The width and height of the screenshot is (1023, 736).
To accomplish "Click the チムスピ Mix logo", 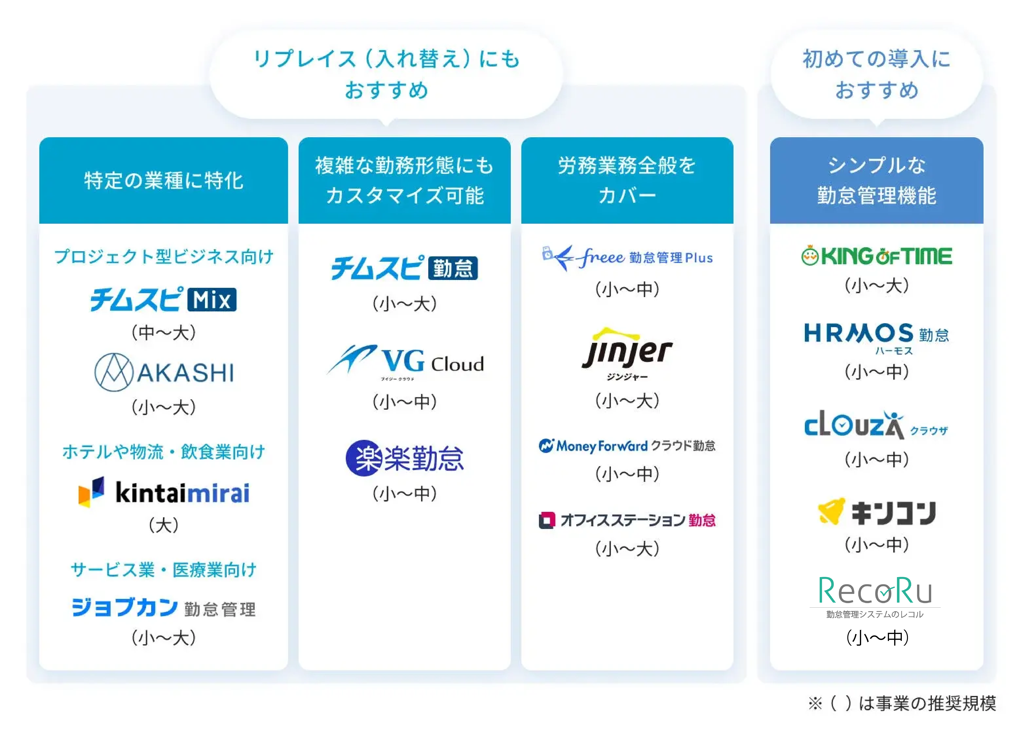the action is [163, 299].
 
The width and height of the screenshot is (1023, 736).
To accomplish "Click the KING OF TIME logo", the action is [876, 256].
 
